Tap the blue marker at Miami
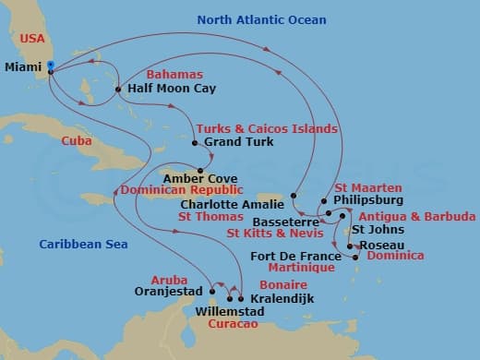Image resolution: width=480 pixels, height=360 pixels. point(50,65)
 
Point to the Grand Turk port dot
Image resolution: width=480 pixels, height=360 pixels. point(195,143)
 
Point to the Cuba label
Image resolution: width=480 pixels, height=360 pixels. point(76,141)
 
